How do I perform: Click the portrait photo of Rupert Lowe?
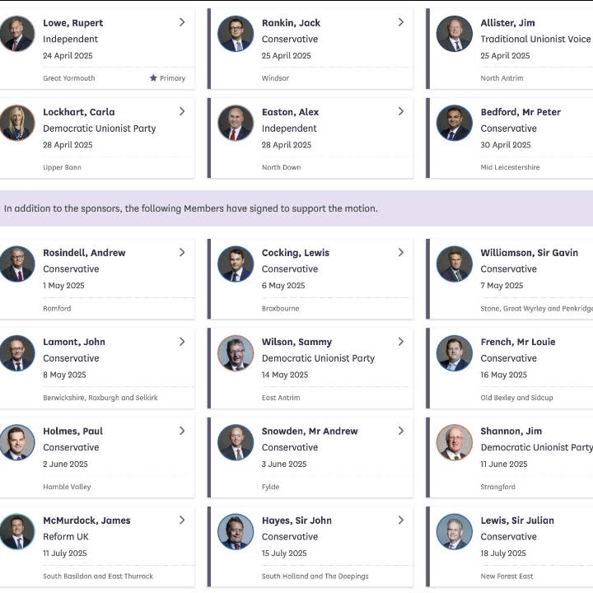point(17,34)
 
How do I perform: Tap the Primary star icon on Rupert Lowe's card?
point(153,78)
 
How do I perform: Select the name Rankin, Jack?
point(291,22)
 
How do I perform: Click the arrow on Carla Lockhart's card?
point(182,111)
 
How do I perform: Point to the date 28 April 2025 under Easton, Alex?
point(287,145)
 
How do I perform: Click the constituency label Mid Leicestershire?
point(510,167)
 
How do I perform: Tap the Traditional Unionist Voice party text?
point(535,39)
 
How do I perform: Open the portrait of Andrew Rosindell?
point(17,264)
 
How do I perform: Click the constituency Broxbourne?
point(280,308)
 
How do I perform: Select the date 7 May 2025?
point(502,286)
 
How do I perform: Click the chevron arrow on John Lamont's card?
point(182,341)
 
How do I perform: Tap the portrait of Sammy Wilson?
point(236,353)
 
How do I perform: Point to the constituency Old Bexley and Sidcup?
point(516,398)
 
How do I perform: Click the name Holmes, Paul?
point(72,431)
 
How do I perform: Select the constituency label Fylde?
point(270,487)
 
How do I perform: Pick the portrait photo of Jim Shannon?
point(455,442)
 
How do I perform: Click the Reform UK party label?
point(66,537)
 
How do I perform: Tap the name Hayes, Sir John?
point(296,521)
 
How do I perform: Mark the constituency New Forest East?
point(507,576)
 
